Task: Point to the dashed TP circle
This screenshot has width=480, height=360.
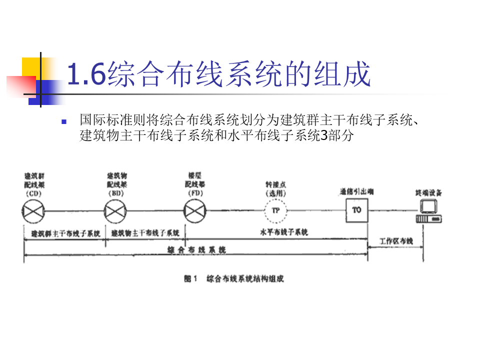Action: click(275, 210)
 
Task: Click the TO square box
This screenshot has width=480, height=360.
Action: click(356, 210)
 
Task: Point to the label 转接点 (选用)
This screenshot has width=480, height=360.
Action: click(275, 188)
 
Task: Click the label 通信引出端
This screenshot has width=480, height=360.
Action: click(356, 191)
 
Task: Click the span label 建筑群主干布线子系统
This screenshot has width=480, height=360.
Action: click(65, 233)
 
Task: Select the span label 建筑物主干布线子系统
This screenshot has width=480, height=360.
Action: click(145, 233)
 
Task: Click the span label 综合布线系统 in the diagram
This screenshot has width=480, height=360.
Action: click(195, 249)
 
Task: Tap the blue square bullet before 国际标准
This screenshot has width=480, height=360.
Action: click(63, 121)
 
